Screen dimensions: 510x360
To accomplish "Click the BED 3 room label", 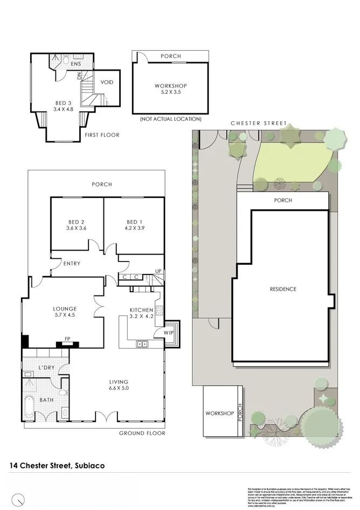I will (x=63, y=103).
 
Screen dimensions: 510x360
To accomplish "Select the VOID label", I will (x=107, y=82).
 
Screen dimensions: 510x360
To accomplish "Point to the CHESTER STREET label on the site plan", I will (x=259, y=123).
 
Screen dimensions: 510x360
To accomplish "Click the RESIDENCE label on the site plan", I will (x=283, y=290).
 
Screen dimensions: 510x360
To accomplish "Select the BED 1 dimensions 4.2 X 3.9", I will (x=135, y=228).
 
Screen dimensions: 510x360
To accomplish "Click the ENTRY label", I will (x=72, y=264).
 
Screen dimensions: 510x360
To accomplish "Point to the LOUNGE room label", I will (x=65, y=309).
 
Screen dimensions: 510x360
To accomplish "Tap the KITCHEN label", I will (x=142, y=310).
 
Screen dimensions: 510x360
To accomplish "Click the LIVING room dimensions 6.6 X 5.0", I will (x=119, y=388).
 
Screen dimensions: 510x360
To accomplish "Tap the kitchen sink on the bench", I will (x=143, y=343).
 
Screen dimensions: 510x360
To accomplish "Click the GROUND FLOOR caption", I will (x=142, y=433).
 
